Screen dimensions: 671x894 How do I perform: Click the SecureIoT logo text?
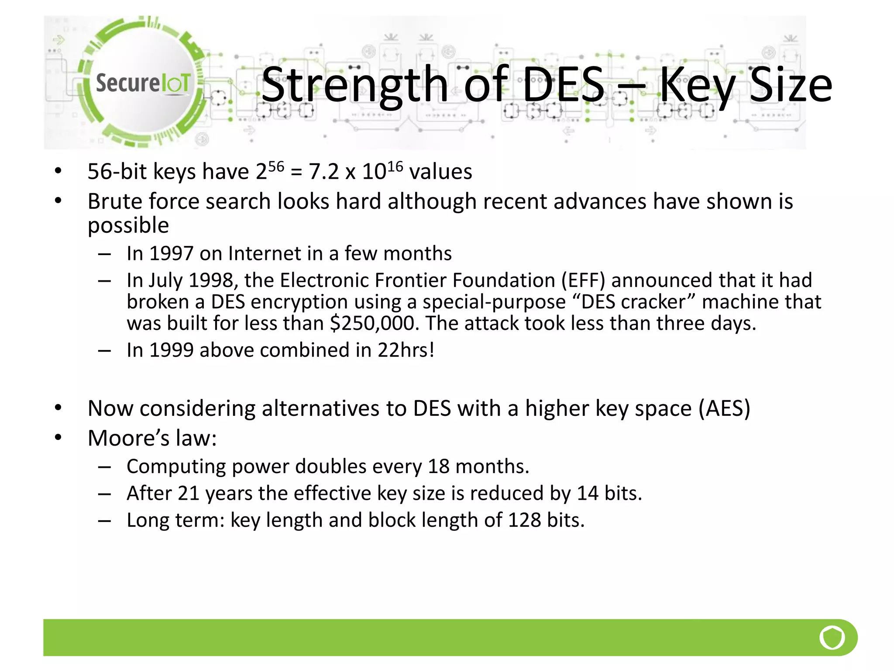click(143, 83)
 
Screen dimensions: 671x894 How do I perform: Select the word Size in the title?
click(791, 85)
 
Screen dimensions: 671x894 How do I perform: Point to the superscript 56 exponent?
click(276, 166)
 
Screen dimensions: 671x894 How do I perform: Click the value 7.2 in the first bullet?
click(324, 171)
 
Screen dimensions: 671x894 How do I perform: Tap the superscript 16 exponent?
click(395, 166)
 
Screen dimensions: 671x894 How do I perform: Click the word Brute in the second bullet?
click(115, 201)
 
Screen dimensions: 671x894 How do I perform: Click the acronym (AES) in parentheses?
click(724, 408)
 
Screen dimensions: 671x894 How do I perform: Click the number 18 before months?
click(438, 467)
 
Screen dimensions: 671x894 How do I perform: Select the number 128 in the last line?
click(524, 520)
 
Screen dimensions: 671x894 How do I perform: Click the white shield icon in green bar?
click(832, 638)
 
